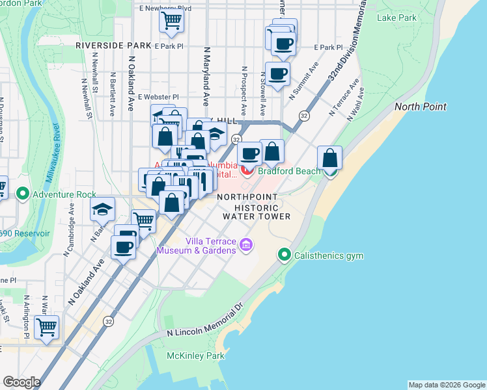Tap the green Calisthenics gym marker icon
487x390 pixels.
pos(284,255)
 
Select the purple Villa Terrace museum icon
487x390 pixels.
pos(245,244)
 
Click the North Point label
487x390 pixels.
pos(420,107)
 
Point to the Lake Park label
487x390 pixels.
pos(397,18)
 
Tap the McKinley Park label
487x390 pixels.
pos(196,356)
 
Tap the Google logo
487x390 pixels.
pos(21,382)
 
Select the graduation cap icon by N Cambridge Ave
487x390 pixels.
pos(103,209)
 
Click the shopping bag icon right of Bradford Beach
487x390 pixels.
pos(330,158)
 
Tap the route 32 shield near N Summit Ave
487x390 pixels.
pos(303,115)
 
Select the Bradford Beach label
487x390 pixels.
pos(288,171)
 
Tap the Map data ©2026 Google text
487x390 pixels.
pos(446,385)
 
